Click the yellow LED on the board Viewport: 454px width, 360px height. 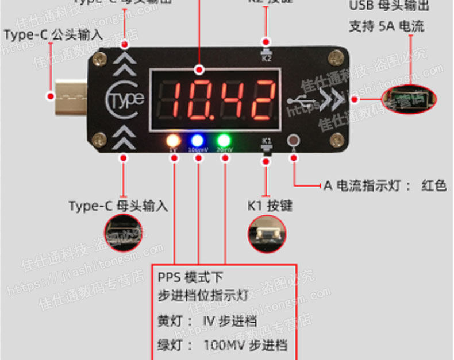point(172,141)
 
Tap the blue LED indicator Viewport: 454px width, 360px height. point(198,141)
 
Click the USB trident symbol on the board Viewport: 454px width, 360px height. point(302,102)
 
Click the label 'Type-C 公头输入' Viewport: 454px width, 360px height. point(53,35)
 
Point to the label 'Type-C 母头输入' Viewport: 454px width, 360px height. point(118,206)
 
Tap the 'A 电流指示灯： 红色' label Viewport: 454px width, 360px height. point(384,185)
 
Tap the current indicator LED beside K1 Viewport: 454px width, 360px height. point(294,141)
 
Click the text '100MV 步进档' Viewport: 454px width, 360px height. point(245,345)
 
